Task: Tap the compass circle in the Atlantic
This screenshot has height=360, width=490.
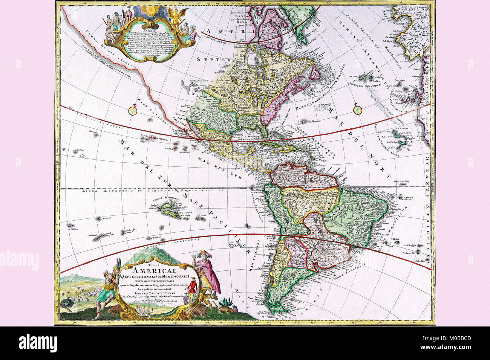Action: coord(357,110)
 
